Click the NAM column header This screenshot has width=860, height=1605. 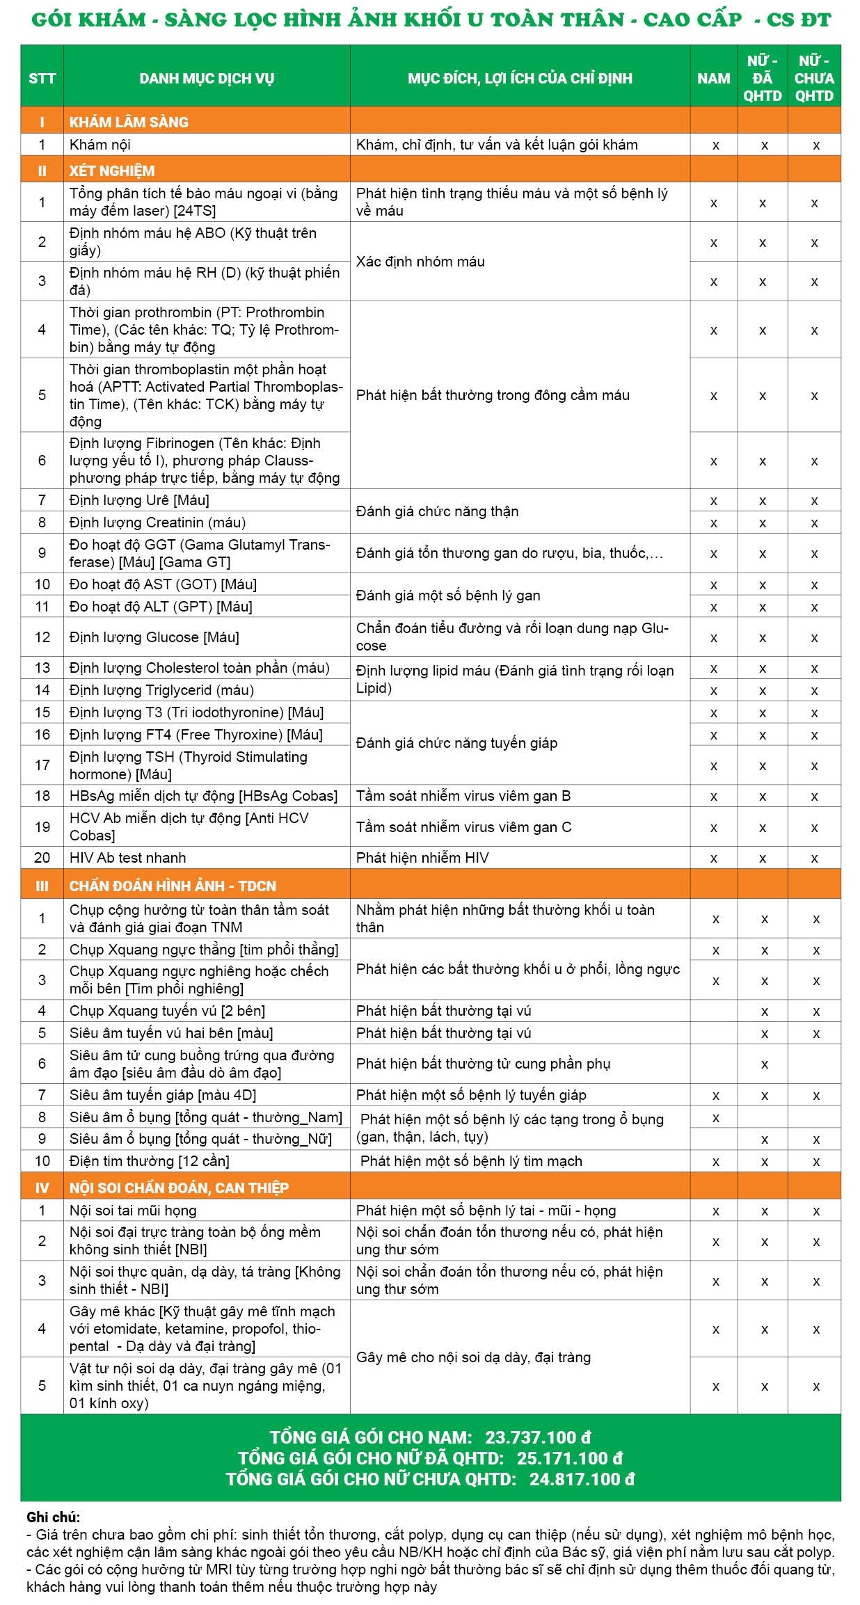[713, 78]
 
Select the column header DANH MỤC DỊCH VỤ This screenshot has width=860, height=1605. [207, 78]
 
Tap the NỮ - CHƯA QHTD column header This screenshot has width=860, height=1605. [814, 78]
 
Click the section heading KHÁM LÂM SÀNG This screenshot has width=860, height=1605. [129, 122]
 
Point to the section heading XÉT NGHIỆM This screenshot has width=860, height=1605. [112, 170]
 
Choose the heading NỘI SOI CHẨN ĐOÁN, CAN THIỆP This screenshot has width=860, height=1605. [179, 1188]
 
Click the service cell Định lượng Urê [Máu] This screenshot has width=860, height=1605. [139, 500]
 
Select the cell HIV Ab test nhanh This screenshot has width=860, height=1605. [128, 857]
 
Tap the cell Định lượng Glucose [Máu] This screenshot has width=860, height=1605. [154, 637]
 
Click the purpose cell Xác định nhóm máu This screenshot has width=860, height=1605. [420, 262]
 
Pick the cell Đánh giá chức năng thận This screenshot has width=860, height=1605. [437, 511]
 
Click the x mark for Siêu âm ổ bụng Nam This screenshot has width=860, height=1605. [715, 1118]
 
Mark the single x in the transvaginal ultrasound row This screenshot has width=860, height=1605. [764, 1064]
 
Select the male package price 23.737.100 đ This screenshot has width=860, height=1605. [538, 1437]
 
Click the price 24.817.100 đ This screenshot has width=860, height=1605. [582, 1478]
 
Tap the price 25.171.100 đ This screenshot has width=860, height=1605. [569, 1458]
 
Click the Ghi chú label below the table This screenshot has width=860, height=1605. [53, 1517]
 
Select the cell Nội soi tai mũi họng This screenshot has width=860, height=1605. [133, 1211]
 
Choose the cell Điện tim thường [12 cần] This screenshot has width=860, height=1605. [149, 1160]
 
